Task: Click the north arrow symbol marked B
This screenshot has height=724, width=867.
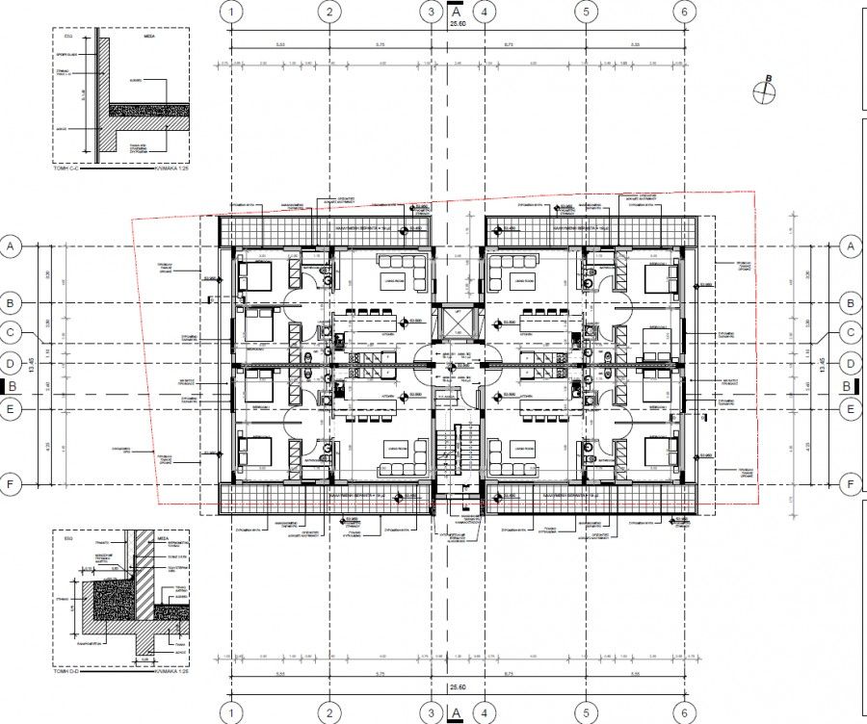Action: coord(765,90)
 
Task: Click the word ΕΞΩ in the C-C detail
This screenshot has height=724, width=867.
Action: coord(61,41)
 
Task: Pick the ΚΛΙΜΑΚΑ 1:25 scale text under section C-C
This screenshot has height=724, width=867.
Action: coord(169,166)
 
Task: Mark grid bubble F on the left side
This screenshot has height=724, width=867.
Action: coord(12,484)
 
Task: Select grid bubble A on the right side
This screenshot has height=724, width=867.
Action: coord(851,247)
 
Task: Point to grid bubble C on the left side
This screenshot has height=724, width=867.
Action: coord(12,333)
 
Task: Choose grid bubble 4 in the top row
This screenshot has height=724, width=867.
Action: coord(486,12)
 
